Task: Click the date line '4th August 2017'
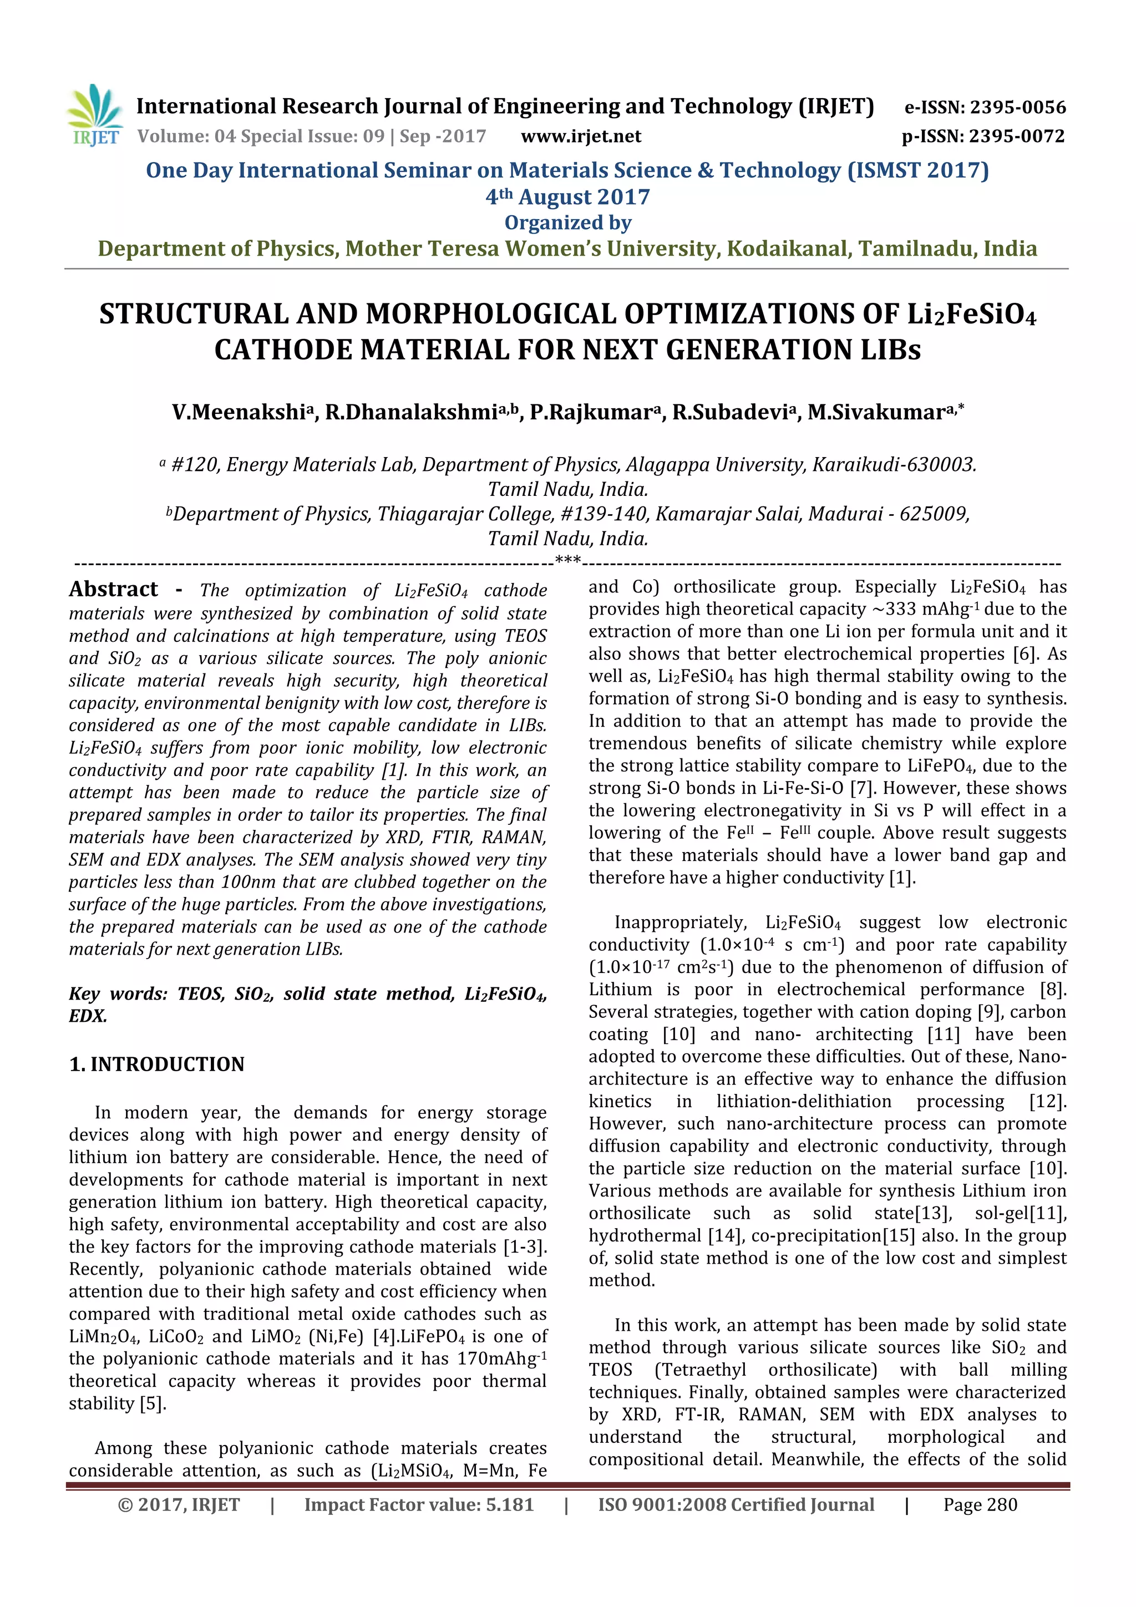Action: pos(567,197)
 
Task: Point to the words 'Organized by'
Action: pos(567,222)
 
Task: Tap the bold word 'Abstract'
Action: pos(113,589)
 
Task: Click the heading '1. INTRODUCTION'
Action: pos(157,1064)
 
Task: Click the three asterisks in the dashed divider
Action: pos(567,561)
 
